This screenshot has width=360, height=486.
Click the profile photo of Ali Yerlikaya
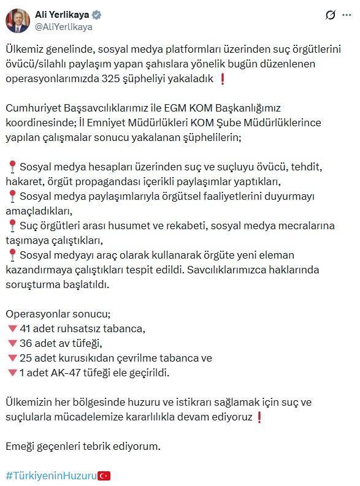click(x=18, y=20)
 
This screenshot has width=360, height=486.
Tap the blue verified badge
click(x=97, y=15)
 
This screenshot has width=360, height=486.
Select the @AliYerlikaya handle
click(x=64, y=27)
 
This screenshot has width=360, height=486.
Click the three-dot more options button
click(x=347, y=15)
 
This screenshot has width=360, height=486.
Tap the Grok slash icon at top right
click(x=330, y=15)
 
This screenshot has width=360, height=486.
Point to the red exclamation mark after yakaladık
click(x=222, y=78)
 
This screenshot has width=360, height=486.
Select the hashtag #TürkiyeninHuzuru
click(x=52, y=475)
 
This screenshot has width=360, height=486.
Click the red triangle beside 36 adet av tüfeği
click(x=12, y=343)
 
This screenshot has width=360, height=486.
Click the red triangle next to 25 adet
click(x=12, y=358)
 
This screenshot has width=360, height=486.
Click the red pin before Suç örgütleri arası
click(x=12, y=226)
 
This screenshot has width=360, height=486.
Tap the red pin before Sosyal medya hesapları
click(x=12, y=167)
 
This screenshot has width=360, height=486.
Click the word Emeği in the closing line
click(x=21, y=446)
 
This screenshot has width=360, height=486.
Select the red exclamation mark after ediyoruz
click(x=260, y=417)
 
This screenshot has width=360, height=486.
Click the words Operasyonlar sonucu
click(x=58, y=313)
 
